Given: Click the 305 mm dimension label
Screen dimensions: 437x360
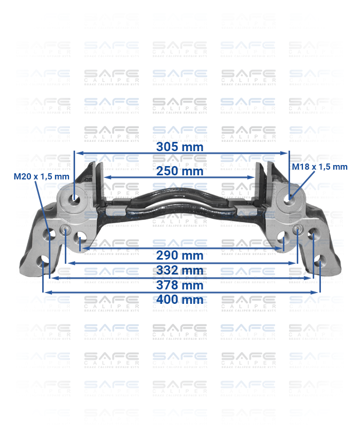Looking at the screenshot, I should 179,147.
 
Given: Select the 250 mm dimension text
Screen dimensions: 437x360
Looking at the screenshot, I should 179,171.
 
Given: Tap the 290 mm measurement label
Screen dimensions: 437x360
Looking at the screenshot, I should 179,255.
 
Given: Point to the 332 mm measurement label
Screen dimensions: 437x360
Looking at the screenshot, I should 179,270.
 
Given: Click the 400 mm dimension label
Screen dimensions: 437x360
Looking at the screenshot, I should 179,299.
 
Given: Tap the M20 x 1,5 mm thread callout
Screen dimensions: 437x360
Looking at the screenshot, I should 41,176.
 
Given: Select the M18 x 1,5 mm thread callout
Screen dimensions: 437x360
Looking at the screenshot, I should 319,167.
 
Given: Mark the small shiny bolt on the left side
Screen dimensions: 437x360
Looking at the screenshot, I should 66,230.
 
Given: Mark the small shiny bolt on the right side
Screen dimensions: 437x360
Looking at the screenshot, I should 298,229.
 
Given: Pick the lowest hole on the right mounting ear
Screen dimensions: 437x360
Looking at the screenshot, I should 318,259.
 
